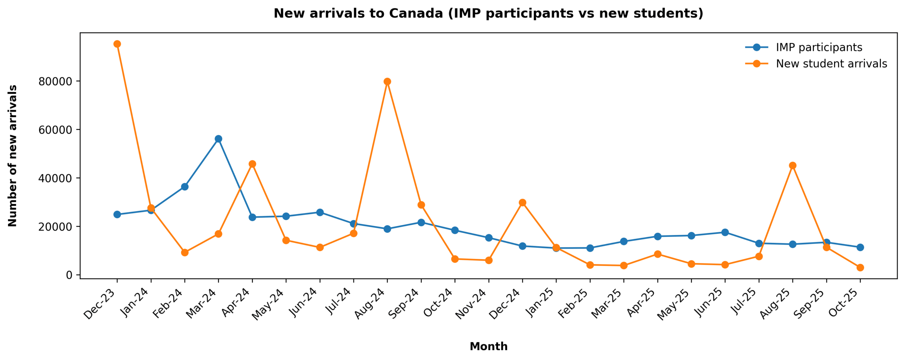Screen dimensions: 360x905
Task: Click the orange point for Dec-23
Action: pos(117,44)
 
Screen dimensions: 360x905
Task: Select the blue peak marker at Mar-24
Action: pos(218,139)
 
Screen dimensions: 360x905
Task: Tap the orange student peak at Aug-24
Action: pos(387,81)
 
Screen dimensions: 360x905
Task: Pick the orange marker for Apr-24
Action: pos(252,164)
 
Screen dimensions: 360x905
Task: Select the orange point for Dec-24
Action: pos(522,202)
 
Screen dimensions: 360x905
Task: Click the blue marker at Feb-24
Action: pos(185,186)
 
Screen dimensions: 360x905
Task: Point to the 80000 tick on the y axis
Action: pos(55,82)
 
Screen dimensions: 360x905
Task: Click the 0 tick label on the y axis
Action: pos(69,275)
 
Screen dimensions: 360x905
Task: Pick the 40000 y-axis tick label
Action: pos(55,178)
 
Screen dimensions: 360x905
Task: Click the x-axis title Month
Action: pos(489,346)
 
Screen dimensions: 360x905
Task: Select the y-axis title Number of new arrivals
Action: pos(13,156)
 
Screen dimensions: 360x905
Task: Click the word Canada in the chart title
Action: pos(416,13)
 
